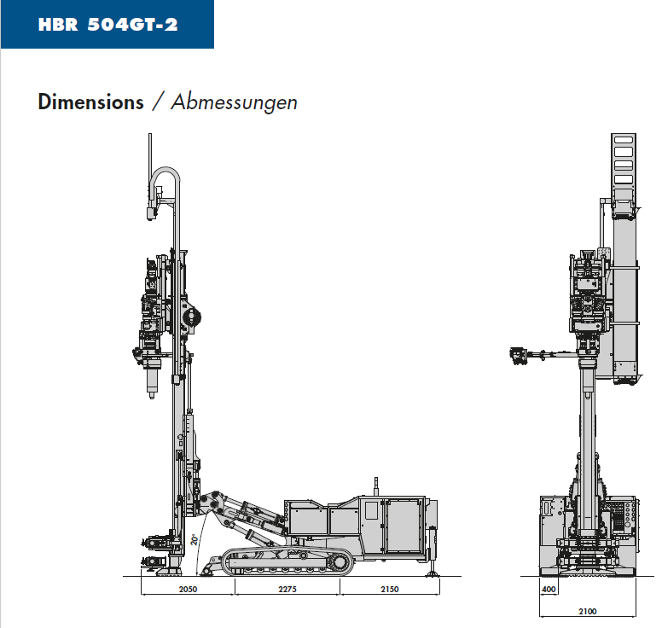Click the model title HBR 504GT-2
107,25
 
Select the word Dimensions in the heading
90,102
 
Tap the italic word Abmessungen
235,102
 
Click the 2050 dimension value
188,589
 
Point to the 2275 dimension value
287,589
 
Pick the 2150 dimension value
390,589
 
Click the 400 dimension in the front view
549,589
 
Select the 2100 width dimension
588,611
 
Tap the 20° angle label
195,540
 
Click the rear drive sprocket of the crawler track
340,562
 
